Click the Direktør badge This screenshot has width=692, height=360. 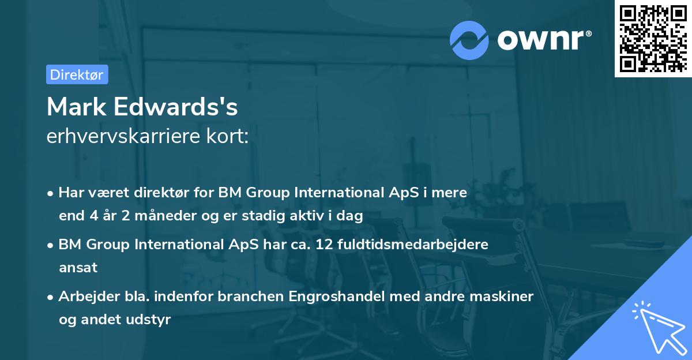(77, 74)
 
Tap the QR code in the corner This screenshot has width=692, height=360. (653, 38)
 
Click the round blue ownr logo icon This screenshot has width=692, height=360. (469, 40)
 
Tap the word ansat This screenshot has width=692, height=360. (78, 267)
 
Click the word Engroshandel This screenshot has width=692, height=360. (343, 297)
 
